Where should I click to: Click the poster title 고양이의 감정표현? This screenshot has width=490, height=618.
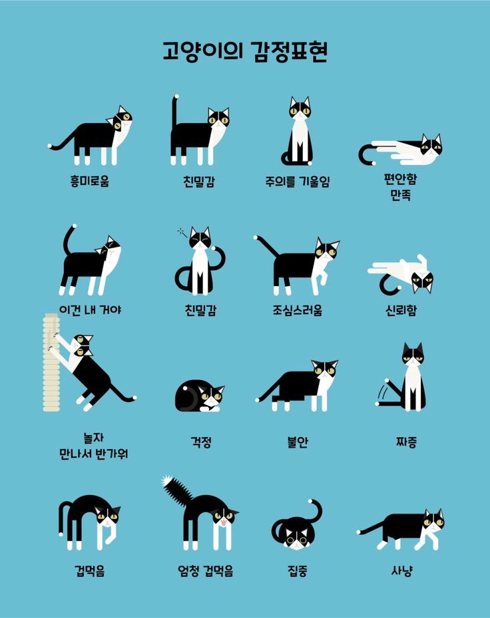point(245,51)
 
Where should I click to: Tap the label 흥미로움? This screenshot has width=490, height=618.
point(89,181)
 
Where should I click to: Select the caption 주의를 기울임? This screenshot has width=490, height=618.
point(297,181)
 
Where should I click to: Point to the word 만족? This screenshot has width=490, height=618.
point(400,196)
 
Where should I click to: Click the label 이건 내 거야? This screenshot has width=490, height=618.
point(90,310)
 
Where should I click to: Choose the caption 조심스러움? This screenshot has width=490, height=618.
point(297,310)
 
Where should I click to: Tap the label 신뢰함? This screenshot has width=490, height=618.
point(400,310)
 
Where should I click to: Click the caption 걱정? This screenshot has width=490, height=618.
point(200,440)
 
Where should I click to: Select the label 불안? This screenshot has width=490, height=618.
point(297,440)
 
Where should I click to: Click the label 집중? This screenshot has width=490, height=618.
point(297,570)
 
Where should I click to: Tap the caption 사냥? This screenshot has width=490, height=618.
point(401,570)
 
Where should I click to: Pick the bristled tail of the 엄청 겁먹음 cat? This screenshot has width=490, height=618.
point(175,490)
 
